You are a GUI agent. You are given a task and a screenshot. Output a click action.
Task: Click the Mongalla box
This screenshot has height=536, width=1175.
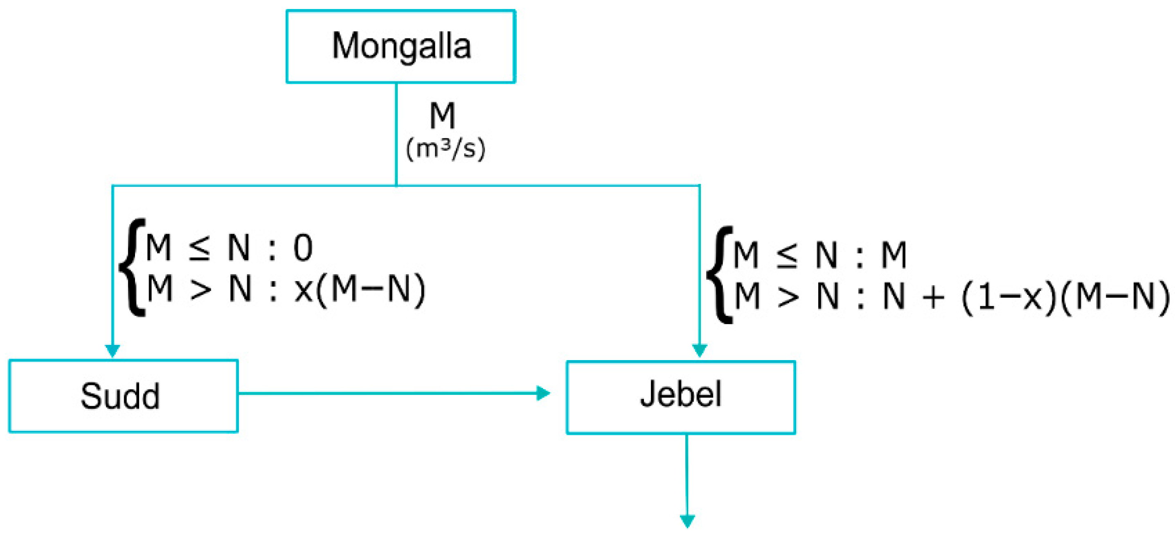[401, 47]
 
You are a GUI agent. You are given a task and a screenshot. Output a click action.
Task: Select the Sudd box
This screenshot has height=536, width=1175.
[123, 396]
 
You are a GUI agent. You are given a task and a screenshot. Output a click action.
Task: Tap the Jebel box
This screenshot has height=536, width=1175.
[680, 397]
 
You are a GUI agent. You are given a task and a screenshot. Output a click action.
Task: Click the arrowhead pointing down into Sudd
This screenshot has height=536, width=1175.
[112, 350]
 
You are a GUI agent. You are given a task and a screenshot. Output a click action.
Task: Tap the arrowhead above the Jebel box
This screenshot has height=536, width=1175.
[699, 350]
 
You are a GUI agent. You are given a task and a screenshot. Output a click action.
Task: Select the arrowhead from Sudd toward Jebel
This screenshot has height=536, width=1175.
[543, 393]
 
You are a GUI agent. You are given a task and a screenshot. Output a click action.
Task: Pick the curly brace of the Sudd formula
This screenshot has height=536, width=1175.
[132, 267]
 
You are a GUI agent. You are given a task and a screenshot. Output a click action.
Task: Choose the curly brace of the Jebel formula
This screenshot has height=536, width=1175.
[720, 275]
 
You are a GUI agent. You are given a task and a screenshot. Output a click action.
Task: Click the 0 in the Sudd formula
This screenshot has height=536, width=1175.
[302, 248]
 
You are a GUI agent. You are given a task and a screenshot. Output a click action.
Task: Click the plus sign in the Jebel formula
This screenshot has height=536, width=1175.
[933, 297]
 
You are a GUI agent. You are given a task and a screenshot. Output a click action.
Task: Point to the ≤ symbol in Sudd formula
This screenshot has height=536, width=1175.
[199, 249]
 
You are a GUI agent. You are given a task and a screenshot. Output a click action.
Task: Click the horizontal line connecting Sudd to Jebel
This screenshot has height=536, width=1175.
[388, 393]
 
